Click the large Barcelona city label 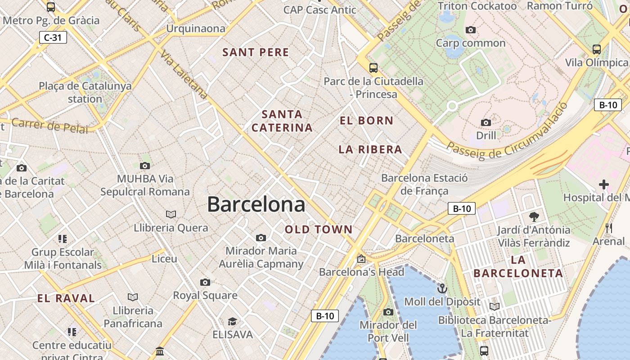[256, 205]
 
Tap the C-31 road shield [53, 37]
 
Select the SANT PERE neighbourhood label [256, 52]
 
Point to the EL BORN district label [366, 121]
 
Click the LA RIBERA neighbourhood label [370, 149]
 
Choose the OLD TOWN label [319, 229]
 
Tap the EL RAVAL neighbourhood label [66, 298]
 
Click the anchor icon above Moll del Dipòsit [442, 288]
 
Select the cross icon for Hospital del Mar [603, 184]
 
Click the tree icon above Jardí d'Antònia [534, 217]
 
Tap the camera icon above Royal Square [205, 282]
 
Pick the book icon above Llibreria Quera [171, 214]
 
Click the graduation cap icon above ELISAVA [232, 321]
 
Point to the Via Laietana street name [184, 74]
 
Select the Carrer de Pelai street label [49, 126]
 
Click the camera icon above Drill [486, 122]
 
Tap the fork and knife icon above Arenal [609, 228]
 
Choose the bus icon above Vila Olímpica [596, 49]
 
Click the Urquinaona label [196, 28]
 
